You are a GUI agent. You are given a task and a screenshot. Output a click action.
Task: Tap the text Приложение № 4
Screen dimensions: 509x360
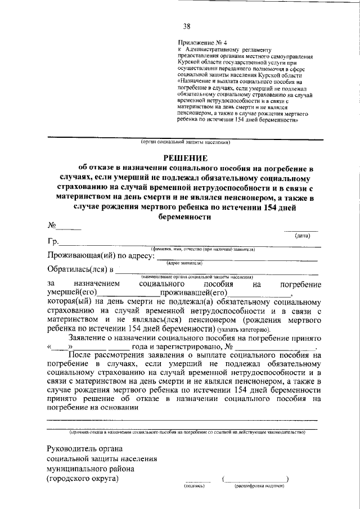pos(200,43)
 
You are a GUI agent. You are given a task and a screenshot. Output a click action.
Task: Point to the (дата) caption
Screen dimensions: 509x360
pos(303,236)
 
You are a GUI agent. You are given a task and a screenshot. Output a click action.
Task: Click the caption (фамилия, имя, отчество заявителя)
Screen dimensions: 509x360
pos(203,249)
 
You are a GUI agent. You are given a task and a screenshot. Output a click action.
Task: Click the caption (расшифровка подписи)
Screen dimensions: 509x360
pos(255,485)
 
